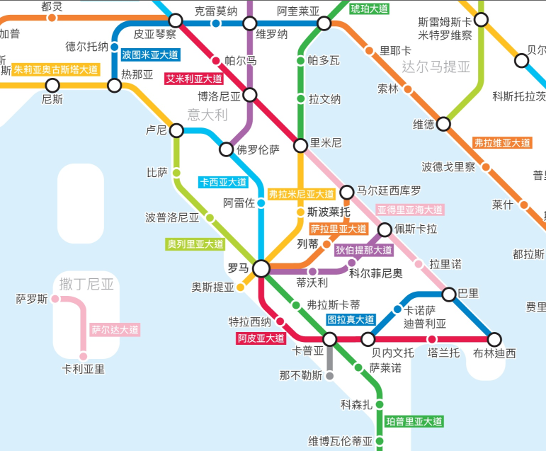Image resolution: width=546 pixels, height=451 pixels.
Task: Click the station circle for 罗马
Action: pyautogui.click(x=261, y=268)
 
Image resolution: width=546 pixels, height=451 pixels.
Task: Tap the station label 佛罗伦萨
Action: pyautogui.click(x=258, y=149)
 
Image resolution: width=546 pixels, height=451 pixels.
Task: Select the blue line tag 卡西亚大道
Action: pyautogui.click(x=223, y=182)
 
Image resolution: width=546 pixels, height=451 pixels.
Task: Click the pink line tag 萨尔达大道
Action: pyautogui.click(x=115, y=329)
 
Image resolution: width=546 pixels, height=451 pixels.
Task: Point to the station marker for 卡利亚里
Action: pyautogui.click(x=82, y=358)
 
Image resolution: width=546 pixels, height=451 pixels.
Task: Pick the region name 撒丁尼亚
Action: pyautogui.click(x=86, y=285)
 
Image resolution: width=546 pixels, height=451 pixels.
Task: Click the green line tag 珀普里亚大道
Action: pyautogui.click(x=414, y=421)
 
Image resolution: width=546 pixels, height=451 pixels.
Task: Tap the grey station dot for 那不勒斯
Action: pyautogui.click(x=329, y=376)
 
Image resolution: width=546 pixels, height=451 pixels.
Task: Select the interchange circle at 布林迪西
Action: pyautogui.click(x=494, y=339)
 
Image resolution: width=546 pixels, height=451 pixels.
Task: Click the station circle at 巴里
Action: pyautogui.click(x=449, y=293)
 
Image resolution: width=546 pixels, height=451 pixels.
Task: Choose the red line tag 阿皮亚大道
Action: pyautogui.click(x=261, y=338)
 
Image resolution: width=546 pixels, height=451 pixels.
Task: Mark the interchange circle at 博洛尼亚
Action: pyautogui.click(x=250, y=95)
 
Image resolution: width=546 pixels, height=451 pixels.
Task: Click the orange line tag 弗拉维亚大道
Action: pyautogui.click(x=502, y=143)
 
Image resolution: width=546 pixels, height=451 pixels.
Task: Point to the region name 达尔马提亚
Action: pyautogui.click(x=436, y=67)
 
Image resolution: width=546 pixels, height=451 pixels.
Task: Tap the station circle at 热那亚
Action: pyautogui.click(x=115, y=86)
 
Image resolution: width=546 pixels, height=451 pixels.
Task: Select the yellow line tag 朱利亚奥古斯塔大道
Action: pyautogui.click(x=56, y=69)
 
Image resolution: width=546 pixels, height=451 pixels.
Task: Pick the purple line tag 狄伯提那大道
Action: pyautogui.click(x=364, y=250)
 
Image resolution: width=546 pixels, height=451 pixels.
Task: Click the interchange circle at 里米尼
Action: pyautogui.click(x=300, y=144)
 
